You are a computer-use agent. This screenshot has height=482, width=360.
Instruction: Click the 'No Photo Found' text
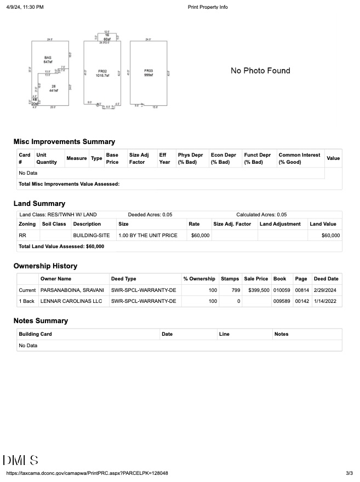click(260, 71)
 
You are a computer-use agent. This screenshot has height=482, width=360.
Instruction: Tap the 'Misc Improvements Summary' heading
click(64, 142)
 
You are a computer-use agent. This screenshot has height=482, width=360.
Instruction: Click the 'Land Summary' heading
click(39, 204)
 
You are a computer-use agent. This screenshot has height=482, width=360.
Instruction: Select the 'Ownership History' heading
click(45, 266)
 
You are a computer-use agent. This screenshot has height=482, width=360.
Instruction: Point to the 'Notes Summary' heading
click(41, 321)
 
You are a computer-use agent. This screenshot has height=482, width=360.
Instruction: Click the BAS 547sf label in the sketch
click(48, 60)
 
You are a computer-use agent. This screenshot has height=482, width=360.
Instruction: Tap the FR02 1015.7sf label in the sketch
click(102, 73)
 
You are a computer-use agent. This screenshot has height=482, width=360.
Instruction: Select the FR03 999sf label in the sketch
click(148, 73)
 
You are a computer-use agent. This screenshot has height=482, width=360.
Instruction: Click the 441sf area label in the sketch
click(54, 89)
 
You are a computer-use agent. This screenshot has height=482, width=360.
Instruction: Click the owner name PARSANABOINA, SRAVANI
click(72, 290)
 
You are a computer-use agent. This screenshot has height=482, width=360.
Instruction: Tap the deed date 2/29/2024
click(326, 290)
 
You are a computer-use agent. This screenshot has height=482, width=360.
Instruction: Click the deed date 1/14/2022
click(326, 301)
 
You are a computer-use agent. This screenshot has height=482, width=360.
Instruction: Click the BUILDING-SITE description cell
click(92, 236)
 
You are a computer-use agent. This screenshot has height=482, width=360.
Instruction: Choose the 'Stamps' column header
click(230, 279)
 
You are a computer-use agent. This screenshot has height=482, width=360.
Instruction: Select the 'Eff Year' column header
click(164, 158)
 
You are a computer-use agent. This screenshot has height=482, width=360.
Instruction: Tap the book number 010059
click(281, 290)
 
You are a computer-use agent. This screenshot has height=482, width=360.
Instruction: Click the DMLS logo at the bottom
click(20, 460)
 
